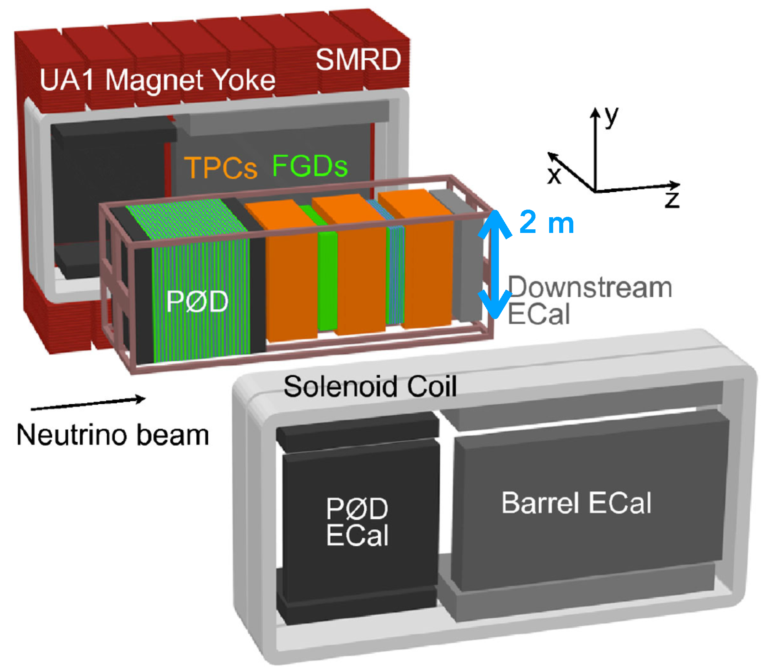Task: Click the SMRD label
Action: pos(358,60)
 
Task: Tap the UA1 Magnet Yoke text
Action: pos(157,80)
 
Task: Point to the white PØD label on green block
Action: pos(197,301)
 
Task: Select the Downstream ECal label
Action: pos(589,300)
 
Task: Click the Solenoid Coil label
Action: pos(370,387)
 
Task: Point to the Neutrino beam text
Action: pos(113,435)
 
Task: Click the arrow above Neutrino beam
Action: pos(88,403)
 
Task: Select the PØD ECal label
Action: pos(357,522)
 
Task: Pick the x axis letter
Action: pos(554,175)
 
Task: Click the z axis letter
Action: pos(672,200)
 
